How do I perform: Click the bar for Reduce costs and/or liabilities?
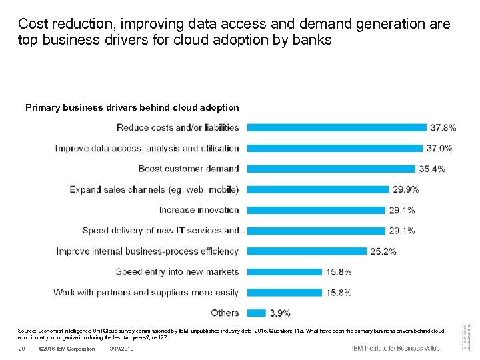pyautogui.click(x=337, y=127)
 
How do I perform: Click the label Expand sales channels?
pyautogui.click(x=154, y=189)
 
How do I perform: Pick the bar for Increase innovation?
pyautogui.click(x=316, y=210)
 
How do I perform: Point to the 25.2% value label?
pyautogui.click(x=384, y=251)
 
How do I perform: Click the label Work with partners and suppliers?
pyautogui.click(x=146, y=292)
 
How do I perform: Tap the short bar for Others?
pyautogui.click(x=256, y=313)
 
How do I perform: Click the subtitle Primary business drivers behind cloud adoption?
pyautogui.click(x=132, y=107)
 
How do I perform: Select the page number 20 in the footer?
pyautogui.click(x=21, y=349)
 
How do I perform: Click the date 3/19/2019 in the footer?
pyautogui.click(x=121, y=349)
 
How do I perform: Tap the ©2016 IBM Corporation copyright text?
pyautogui.click(x=67, y=349)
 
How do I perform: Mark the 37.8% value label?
pyautogui.click(x=443, y=127)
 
